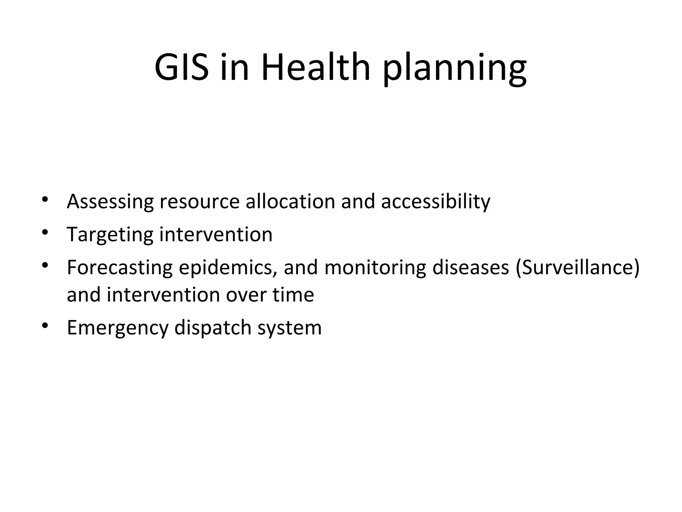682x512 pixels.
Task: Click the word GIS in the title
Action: (181, 68)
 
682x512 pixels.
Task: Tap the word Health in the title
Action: (316, 68)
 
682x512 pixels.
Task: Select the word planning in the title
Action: (455, 69)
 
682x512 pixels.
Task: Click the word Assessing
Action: (110, 202)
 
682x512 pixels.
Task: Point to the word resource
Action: (199, 202)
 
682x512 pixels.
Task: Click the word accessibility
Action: (436, 202)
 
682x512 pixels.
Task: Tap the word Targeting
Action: (110, 235)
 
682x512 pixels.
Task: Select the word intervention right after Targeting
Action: (216, 234)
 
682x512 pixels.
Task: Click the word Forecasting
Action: (120, 268)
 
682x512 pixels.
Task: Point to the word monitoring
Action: (375, 268)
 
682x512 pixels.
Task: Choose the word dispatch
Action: (213, 328)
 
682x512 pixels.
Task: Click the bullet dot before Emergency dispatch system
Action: (45, 325)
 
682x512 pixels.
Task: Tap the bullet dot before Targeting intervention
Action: (45, 232)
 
